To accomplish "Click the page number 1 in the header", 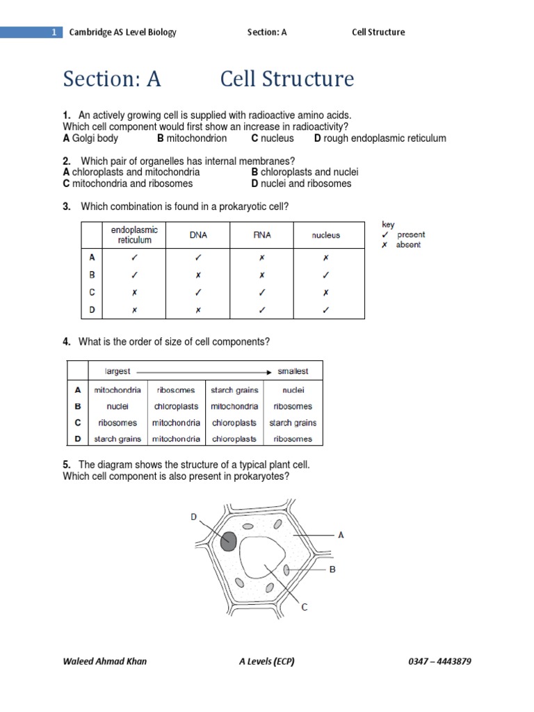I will [x=54, y=32].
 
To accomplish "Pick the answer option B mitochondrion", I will [x=192, y=138].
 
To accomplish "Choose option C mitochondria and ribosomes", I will [x=128, y=184].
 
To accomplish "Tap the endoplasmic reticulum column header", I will [x=134, y=235].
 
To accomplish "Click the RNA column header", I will [x=262, y=235].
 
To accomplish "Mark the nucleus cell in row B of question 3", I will [x=326, y=275].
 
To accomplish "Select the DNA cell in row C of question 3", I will [x=198, y=292].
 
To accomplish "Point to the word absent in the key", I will [x=408, y=245].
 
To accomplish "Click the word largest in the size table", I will [x=118, y=371].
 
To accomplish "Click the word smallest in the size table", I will [x=293, y=371].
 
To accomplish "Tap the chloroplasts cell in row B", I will [x=176, y=406].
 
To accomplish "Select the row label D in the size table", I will [x=78, y=439].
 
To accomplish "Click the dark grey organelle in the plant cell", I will [x=228, y=542].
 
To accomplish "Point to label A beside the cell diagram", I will [x=341, y=535].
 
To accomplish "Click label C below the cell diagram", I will [x=304, y=607].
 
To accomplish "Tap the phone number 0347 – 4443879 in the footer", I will [x=439, y=661].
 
